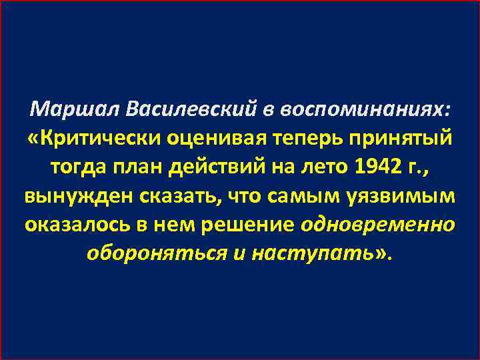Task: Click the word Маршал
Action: point(75,109)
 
